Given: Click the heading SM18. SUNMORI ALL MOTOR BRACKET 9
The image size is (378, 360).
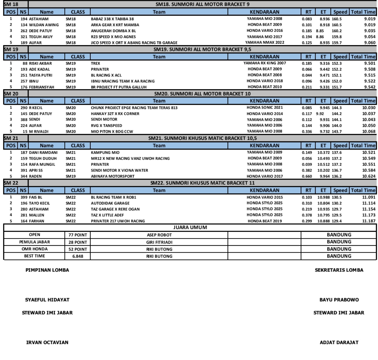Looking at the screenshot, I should (202, 4).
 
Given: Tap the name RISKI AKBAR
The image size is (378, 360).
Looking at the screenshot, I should (40, 63).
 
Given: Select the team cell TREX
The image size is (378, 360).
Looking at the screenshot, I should (95, 63).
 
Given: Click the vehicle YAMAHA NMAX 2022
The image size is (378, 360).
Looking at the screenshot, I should (265, 42).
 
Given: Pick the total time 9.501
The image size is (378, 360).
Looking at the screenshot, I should (369, 63).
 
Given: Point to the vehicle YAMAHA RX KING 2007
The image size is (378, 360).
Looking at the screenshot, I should (265, 63).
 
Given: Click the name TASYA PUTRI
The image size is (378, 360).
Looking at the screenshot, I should (40, 75).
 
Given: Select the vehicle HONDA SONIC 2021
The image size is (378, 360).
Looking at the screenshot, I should (265, 108).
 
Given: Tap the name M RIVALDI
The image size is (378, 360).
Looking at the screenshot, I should (39, 132).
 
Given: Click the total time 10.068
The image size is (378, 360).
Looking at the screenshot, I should (369, 132).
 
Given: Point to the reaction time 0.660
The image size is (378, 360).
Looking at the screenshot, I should (307, 176).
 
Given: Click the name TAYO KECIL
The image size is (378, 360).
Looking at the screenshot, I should (39, 203).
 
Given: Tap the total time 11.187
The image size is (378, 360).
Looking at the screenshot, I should (369, 221).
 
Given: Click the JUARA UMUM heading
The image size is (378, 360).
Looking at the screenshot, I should (190, 228).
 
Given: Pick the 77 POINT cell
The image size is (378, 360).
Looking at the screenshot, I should (78, 235).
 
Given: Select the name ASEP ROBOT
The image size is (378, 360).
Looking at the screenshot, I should (159, 235).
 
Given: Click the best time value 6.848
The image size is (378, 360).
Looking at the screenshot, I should (78, 256).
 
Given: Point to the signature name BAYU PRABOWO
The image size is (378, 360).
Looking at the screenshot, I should (339, 300).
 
